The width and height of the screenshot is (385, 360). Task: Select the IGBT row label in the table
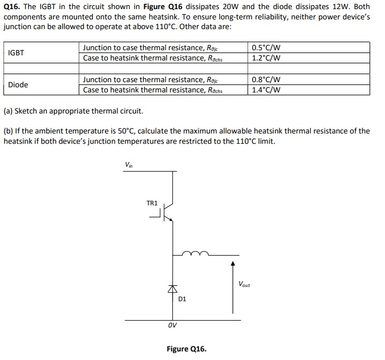tap(17, 52)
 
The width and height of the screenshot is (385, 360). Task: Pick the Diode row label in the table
tap(18, 84)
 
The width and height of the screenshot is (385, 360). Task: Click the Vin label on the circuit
tap(128, 165)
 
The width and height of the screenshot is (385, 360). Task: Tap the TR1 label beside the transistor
tap(152, 203)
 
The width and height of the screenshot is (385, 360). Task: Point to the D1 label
tap(182, 298)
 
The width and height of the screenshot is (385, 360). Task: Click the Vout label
tap(244, 284)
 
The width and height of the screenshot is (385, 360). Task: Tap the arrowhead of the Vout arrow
tap(232, 264)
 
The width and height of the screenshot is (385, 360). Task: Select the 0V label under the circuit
tap(172, 326)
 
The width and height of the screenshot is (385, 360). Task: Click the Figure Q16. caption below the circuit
tap(187, 349)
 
